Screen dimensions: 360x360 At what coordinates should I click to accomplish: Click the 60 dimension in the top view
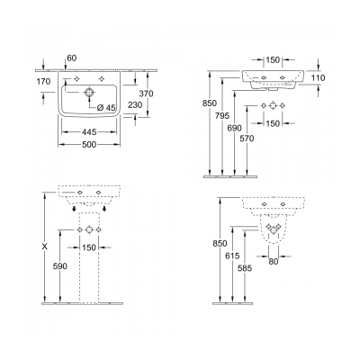pyautogui.click(x=72, y=57)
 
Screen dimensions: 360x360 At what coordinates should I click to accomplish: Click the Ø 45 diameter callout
pyautogui.click(x=104, y=110)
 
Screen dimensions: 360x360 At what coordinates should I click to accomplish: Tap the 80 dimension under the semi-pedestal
pyautogui.click(x=272, y=262)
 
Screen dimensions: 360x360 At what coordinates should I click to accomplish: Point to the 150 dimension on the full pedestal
pyautogui.click(x=89, y=248)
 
